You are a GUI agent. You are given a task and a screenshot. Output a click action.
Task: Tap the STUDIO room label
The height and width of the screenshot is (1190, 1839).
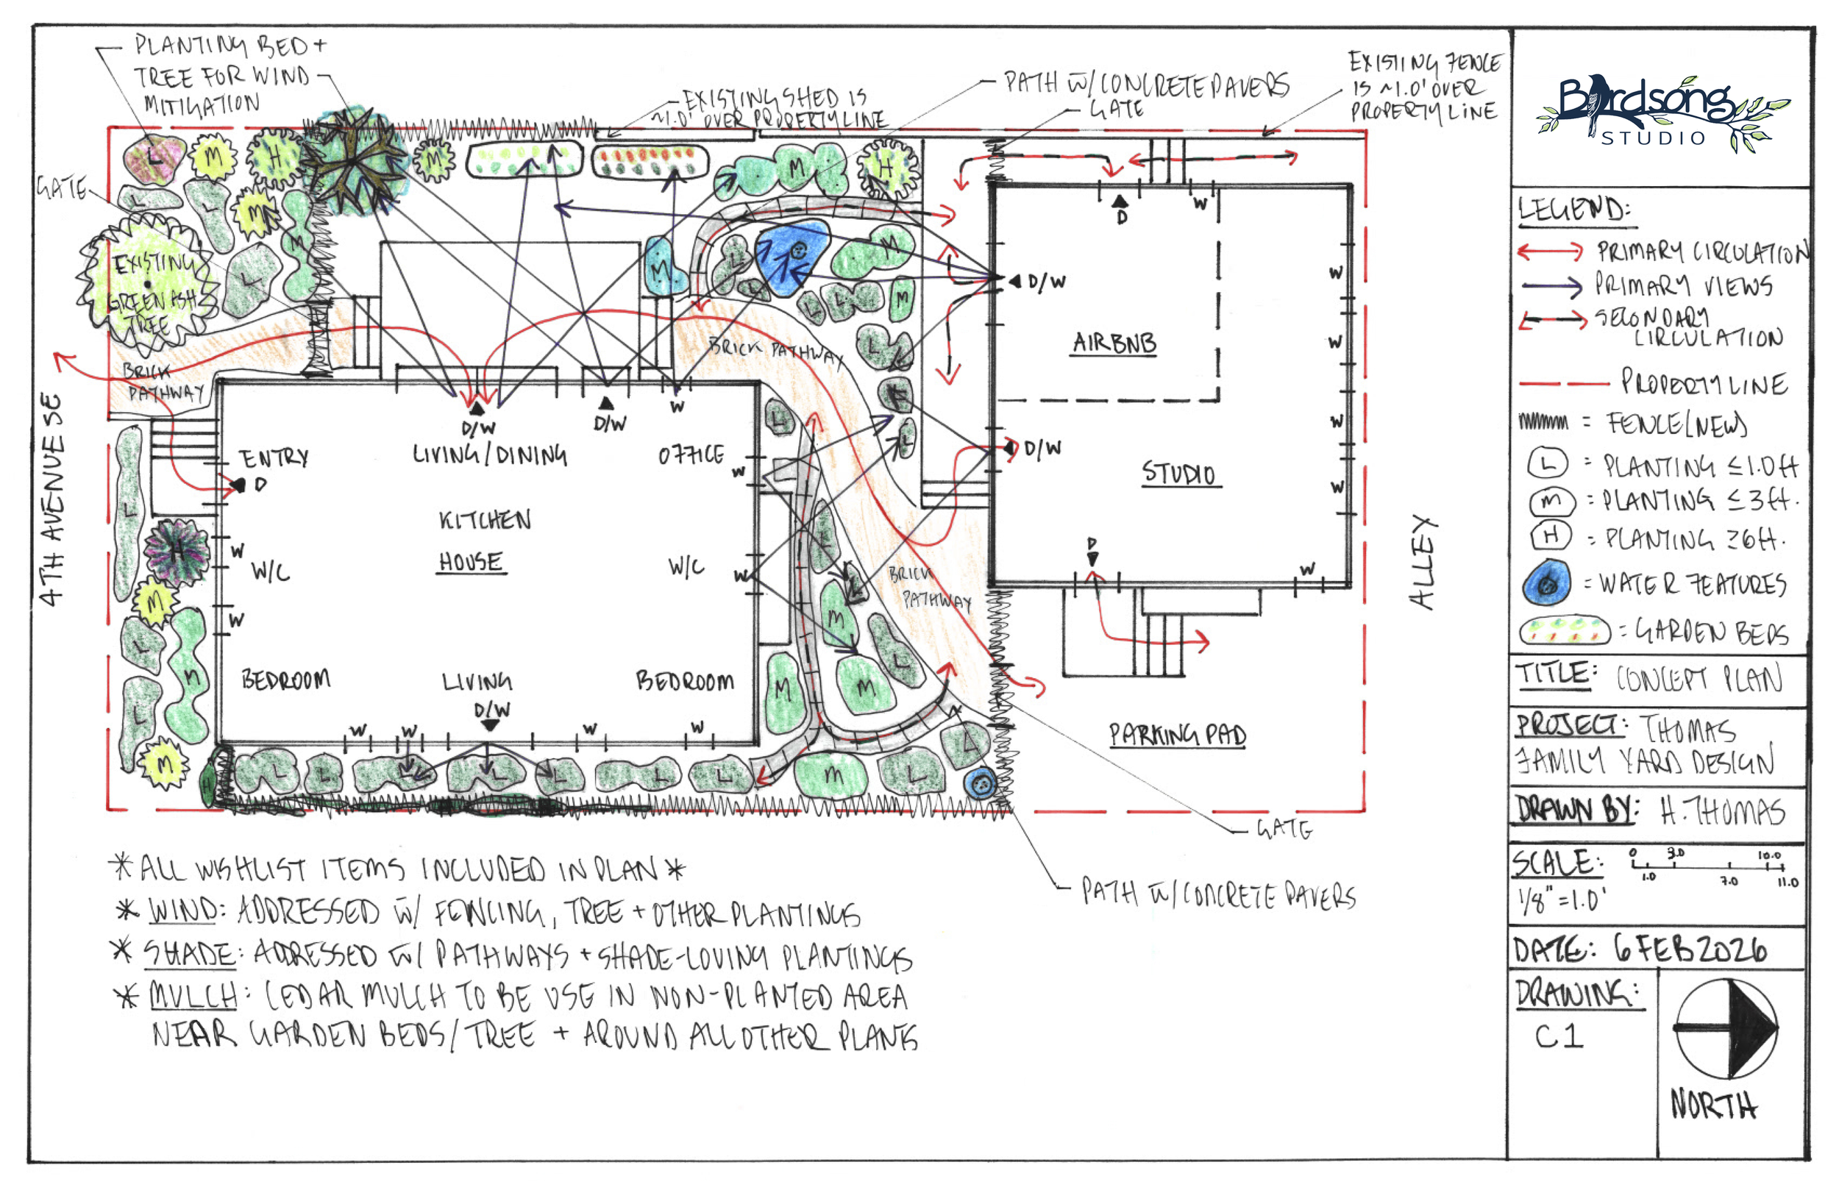(x=1178, y=472)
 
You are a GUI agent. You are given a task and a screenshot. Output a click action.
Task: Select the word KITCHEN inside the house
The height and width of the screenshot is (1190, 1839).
(x=485, y=519)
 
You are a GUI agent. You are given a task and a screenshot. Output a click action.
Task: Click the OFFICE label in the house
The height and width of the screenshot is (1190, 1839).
(x=691, y=455)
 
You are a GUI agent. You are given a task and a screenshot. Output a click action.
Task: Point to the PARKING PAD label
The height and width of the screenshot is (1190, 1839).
(x=1177, y=734)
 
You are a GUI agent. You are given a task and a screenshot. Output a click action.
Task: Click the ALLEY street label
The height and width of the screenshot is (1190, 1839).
(x=1423, y=562)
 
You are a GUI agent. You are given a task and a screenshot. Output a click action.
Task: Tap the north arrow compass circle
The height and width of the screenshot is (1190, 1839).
(x=1726, y=1028)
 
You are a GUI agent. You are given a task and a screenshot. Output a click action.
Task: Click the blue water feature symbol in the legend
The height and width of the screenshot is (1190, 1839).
(x=1546, y=583)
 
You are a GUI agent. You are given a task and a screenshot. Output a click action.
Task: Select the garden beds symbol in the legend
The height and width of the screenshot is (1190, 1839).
(x=1565, y=631)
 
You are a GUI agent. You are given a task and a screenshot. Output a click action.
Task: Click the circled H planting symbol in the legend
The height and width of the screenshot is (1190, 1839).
(x=1550, y=535)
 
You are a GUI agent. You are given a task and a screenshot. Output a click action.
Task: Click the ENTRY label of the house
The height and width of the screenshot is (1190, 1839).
(x=273, y=458)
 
